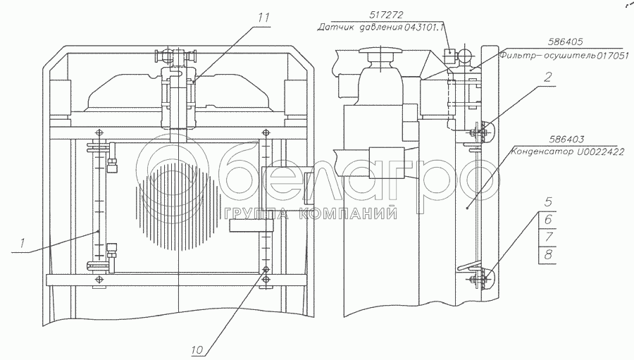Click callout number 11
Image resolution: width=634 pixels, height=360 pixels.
pos(263,18)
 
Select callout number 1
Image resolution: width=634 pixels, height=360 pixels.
pos(23,243)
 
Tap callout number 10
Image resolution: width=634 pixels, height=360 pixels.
pos(197,350)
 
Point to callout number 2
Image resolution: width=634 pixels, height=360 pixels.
pos(547,77)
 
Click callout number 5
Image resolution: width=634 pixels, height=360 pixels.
pos(548,202)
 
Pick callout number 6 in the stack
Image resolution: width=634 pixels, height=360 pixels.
pos(548,220)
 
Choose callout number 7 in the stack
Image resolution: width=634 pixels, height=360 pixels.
pos(548,237)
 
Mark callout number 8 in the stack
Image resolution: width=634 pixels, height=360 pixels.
pos(548,255)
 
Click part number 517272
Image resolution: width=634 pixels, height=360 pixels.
pos(387,15)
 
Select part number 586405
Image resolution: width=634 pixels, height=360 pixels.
pos(566,42)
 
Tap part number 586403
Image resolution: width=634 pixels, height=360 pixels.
pos(566,139)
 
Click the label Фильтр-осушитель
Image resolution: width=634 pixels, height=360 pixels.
pos(547,56)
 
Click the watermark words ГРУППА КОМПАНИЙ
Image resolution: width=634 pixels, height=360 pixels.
pos(310,213)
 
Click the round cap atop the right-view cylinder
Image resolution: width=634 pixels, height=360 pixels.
pos(380,51)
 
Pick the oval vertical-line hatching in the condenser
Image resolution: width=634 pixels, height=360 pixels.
pos(179,206)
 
